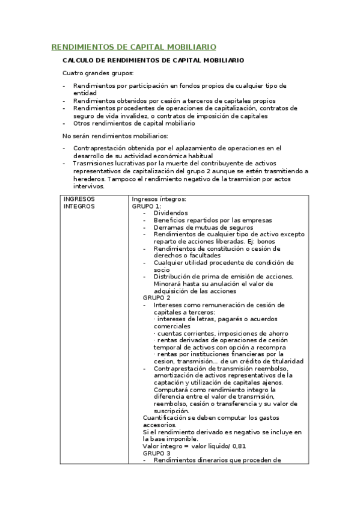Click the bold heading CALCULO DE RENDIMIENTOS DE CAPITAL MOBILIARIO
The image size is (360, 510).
153,61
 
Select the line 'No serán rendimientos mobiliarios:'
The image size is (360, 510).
107,135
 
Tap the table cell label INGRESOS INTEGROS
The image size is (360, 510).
79,203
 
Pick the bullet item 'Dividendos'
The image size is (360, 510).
171,213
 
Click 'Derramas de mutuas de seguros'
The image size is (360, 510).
203,227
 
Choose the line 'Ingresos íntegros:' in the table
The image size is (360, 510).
159,199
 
